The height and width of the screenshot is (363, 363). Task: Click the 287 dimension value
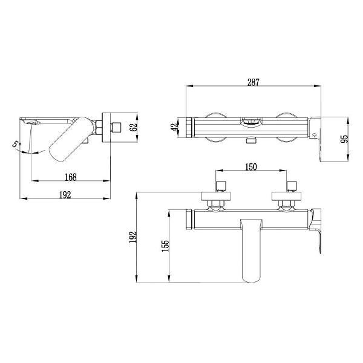[x=253, y=82]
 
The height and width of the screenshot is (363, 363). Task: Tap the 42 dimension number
[x=175, y=126]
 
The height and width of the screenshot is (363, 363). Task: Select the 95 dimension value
[x=344, y=139]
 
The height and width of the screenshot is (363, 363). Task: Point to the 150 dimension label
[x=250, y=167]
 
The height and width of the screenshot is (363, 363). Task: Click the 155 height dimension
[x=165, y=246]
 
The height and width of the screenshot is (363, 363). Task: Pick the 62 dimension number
[x=133, y=126]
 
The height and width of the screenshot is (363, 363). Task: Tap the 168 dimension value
[x=71, y=177]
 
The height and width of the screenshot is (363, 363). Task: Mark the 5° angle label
[x=17, y=144]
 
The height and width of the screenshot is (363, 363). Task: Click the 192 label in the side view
[x=65, y=195]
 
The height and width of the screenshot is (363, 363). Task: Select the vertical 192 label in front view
[x=133, y=237]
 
